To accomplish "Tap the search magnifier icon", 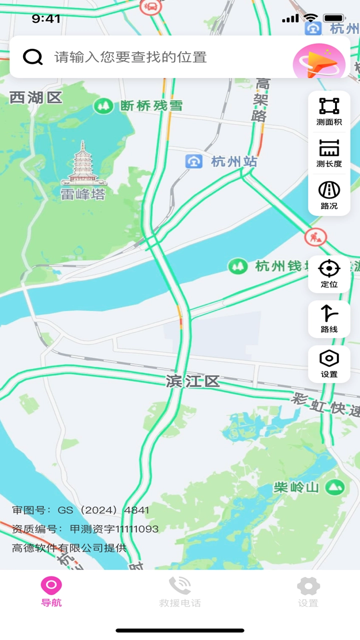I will [x=33, y=57].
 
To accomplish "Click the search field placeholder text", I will [x=130, y=57].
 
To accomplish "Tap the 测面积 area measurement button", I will [x=329, y=111].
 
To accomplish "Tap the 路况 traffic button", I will [x=329, y=195].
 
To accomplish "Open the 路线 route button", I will [x=329, y=318].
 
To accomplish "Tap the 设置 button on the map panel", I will [x=329, y=363].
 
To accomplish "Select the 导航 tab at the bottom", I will [x=51, y=591].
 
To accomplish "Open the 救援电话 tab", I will [x=180, y=591].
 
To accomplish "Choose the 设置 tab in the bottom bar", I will [x=308, y=591].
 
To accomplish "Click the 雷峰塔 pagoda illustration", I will [x=83, y=163].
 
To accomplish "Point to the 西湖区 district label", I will [x=36, y=97].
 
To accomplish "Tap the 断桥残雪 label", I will [x=151, y=106].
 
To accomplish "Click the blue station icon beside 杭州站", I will [x=193, y=161].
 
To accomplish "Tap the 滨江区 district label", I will [x=193, y=382].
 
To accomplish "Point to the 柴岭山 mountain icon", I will [x=335, y=486].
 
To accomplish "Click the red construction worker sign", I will [x=315, y=236].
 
